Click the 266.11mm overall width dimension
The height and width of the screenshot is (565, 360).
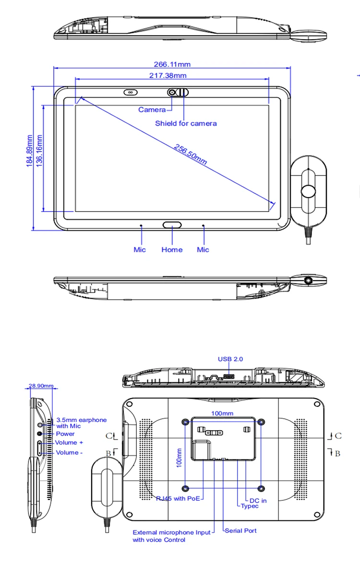click(x=172, y=64)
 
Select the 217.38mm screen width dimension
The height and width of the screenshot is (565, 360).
click(x=168, y=75)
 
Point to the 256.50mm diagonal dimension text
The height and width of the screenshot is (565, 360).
click(x=191, y=154)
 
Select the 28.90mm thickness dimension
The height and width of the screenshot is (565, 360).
click(x=41, y=386)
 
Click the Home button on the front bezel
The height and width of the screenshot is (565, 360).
click(x=172, y=224)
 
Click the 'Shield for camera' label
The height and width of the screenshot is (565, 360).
click(x=186, y=123)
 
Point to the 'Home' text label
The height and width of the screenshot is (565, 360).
click(x=172, y=249)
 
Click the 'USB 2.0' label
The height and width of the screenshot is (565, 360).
click(x=230, y=359)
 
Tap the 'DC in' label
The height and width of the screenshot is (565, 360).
click(x=258, y=500)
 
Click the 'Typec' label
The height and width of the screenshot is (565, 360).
click(x=250, y=506)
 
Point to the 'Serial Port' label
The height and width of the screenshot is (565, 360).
click(x=241, y=530)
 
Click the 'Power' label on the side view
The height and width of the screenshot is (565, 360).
click(x=65, y=434)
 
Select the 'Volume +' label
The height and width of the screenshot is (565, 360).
click(x=69, y=442)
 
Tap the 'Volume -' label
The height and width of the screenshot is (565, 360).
click(x=69, y=452)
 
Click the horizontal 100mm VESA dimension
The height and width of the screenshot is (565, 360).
click(x=222, y=413)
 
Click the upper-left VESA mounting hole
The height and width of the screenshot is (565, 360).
click(x=186, y=422)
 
